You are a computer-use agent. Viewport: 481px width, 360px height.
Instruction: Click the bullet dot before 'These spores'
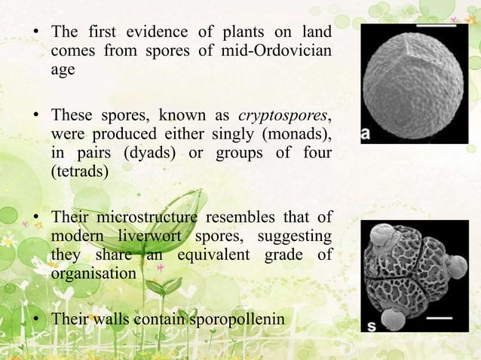tap(35, 117)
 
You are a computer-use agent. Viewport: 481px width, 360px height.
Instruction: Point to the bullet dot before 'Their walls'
tap(35, 321)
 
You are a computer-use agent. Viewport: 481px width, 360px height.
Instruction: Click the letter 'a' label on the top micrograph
tap(367, 133)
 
